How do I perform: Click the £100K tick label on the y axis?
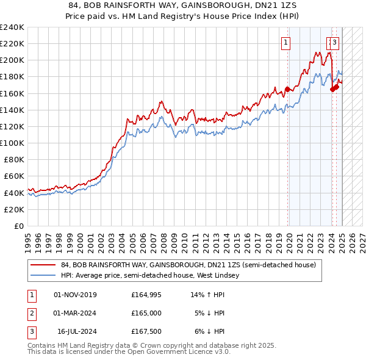click(x=12, y=143)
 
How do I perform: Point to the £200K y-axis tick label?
click(x=12, y=60)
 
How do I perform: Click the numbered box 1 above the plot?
click(x=285, y=42)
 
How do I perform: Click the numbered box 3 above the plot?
click(x=335, y=42)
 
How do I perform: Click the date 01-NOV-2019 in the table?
click(x=75, y=295)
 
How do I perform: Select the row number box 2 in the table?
click(x=31, y=313)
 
